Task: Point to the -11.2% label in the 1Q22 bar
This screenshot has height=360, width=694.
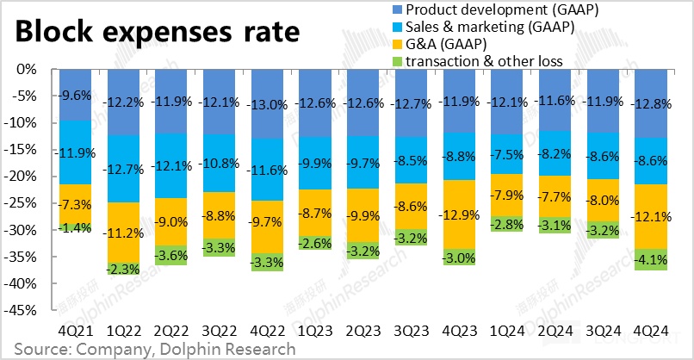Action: [123, 232]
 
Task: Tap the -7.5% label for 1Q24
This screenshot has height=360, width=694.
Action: [504, 156]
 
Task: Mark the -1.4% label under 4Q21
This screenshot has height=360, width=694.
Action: [75, 227]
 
